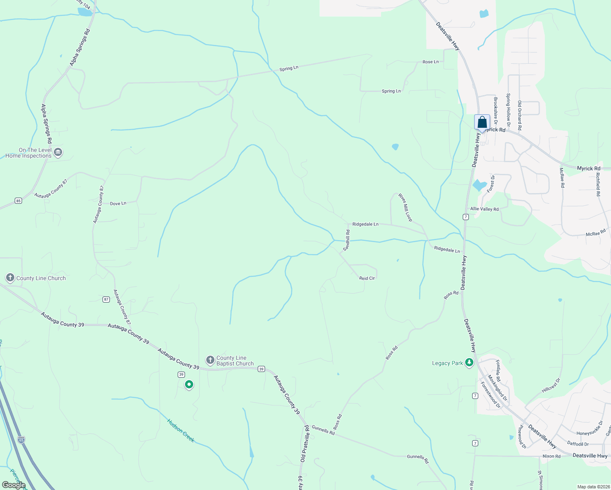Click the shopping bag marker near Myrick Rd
482,122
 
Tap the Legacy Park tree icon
469,362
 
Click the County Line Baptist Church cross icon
210,360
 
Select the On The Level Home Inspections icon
58,153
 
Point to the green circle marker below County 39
189,384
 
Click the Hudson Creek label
181,430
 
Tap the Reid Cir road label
367,278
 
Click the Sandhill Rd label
347,240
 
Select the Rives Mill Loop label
406,208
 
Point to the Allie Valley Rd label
484,209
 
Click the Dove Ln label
118,203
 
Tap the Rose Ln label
430,62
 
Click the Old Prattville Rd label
305,443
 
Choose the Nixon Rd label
551,456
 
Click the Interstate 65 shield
21,440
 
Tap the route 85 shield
18,200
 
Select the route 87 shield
106,299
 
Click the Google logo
13,485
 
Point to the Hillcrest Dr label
551,385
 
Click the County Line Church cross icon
10,278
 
